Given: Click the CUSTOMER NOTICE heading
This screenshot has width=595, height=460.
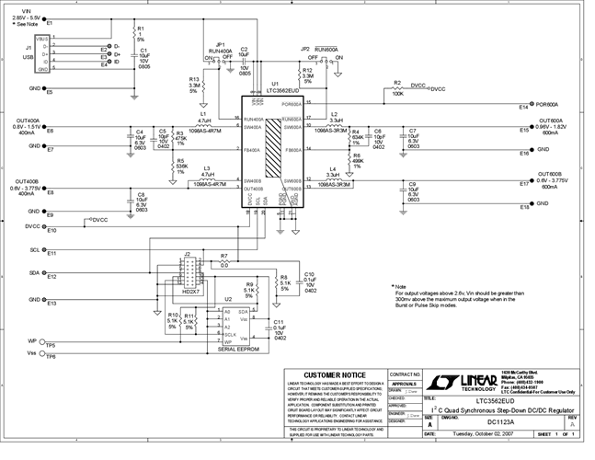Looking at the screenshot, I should click(x=329, y=375).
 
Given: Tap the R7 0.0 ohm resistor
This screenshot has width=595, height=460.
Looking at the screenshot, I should click(x=224, y=260).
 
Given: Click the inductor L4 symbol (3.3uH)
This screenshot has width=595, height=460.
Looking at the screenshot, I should click(x=332, y=178).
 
